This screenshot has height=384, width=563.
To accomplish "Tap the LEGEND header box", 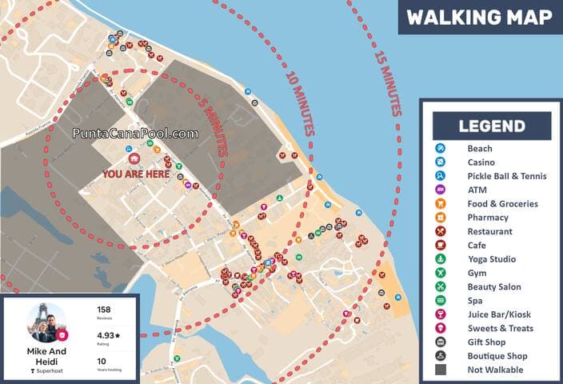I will coord(492,126).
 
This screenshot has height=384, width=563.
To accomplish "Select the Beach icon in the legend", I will coord(440,148).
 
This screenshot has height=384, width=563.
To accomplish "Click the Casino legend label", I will coord(480,162).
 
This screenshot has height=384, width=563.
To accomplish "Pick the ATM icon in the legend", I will coord(440,190).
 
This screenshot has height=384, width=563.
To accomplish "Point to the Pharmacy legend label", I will coord(488,218).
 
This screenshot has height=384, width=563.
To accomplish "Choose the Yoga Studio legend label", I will coord(491,259).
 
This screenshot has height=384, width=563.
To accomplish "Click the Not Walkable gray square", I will coord(440,370).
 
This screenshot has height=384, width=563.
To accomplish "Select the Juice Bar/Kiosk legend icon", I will coord(440,314).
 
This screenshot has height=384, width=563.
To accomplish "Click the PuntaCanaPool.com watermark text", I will coord(135,134).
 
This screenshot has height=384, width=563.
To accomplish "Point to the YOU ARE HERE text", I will coord(135,173).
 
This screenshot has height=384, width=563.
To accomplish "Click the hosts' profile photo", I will coord(46,322).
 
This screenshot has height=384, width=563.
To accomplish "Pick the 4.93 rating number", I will coord(107,336).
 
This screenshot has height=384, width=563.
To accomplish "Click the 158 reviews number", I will coord(104,310).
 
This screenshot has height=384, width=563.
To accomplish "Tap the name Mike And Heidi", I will coord(46,356).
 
